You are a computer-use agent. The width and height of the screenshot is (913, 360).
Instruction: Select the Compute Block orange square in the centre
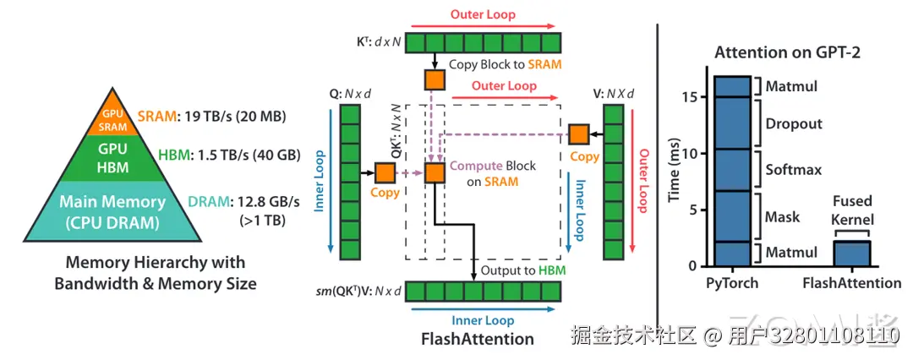coord(435,172)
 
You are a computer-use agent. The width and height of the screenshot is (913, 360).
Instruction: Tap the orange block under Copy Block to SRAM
coord(435,79)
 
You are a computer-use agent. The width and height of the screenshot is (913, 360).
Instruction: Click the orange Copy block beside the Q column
coord(385,172)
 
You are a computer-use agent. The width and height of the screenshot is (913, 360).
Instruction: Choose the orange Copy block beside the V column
coord(579,134)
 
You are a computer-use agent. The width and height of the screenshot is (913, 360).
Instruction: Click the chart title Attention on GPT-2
coord(788,52)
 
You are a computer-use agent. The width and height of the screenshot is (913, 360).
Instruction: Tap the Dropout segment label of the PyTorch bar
coord(794,123)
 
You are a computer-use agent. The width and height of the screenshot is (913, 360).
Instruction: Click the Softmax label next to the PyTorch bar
coord(794,170)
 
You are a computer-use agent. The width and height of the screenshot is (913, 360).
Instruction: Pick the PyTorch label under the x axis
coord(731,283)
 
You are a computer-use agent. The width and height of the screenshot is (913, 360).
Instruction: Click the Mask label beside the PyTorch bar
coord(782,217)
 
